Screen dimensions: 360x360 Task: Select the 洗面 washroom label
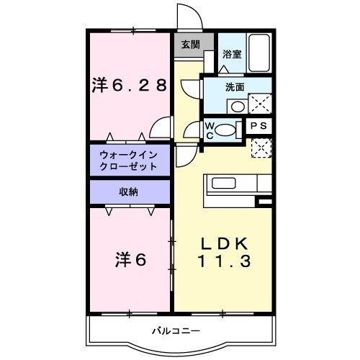pyautogui.click(x=235, y=86)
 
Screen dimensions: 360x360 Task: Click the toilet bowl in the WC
pyautogui.click(x=226, y=131)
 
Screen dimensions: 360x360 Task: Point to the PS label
pyautogui.click(x=259, y=125)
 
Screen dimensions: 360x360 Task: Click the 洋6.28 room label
pyautogui.click(x=130, y=84)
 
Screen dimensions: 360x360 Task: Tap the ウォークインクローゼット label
pyautogui.click(x=128, y=161)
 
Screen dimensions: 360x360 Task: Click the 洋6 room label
pyautogui.click(x=130, y=259)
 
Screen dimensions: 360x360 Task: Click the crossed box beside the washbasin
pyautogui.click(x=259, y=104)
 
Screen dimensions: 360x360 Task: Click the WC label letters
pyautogui.click(x=210, y=131)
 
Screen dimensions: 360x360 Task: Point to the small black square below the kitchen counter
pyautogui.click(x=264, y=202)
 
